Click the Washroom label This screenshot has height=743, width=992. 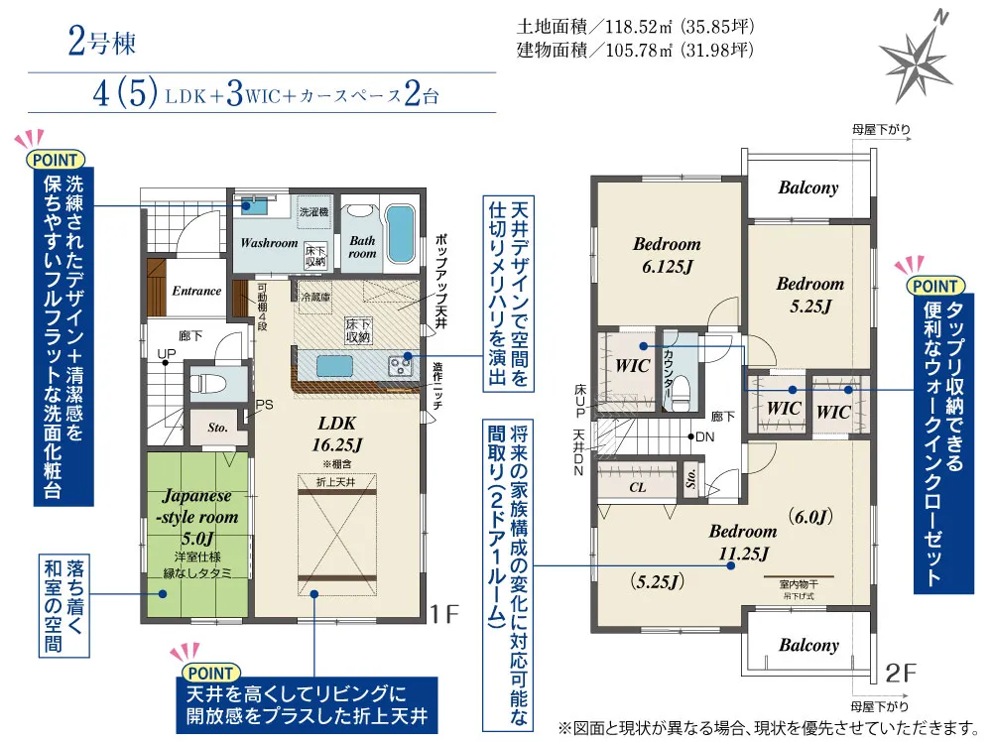tap(268, 243)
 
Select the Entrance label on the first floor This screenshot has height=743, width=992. tap(196, 291)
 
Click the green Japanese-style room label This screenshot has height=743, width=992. tap(198, 506)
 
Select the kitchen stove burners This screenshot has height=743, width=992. tap(401, 364)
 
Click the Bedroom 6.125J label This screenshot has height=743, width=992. tap(667, 252)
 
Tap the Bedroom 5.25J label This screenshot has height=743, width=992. tap(809, 295)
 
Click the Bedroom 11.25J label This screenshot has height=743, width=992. tap(742, 541)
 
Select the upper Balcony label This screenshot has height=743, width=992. tap(807, 187)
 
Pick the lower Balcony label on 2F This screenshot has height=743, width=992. tap(807, 645)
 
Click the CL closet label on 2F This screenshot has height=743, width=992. tap(638, 488)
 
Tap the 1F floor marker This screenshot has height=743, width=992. tap(445, 614)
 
